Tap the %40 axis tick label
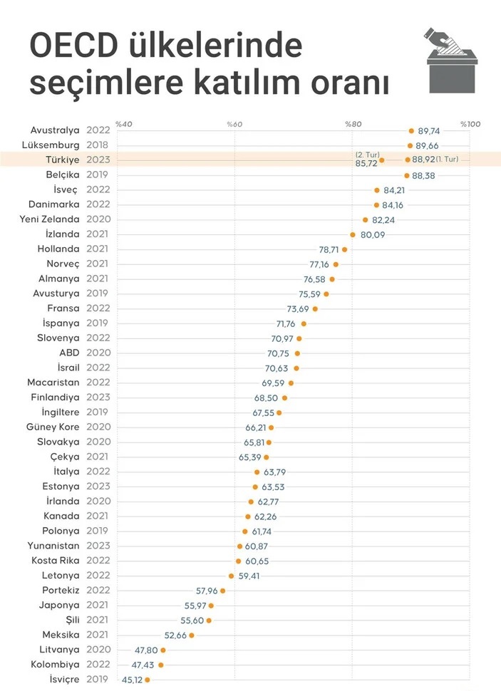[x=123, y=125]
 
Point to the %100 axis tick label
[x=470, y=125]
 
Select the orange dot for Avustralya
[x=411, y=131]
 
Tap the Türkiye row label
[x=61, y=160]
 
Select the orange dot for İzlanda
[x=352, y=234]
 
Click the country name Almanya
[x=59, y=279]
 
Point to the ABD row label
[x=69, y=353]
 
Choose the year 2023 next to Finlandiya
[x=98, y=398]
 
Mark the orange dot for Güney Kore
[x=271, y=427]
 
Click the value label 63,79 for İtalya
[x=274, y=472]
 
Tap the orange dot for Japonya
[x=211, y=606]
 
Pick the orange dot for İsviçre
[x=148, y=680]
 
